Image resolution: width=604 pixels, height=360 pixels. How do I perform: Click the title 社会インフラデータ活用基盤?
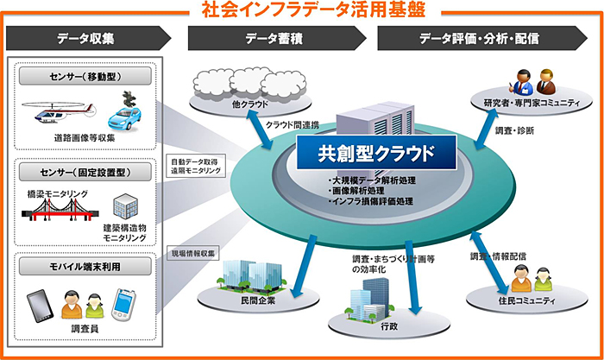(302, 9)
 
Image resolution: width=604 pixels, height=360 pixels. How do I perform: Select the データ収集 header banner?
(86, 39)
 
